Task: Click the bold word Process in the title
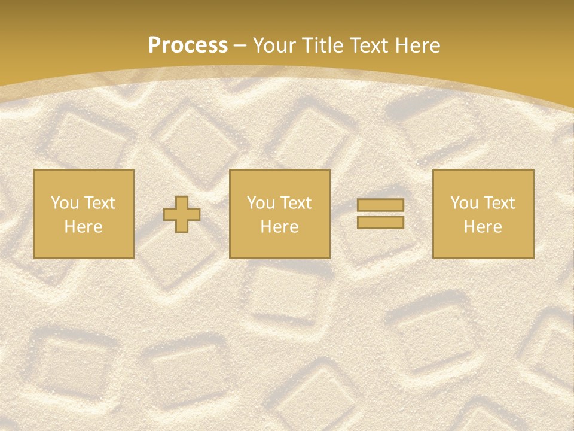(x=188, y=45)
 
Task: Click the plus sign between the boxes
(x=182, y=214)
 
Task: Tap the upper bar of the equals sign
(x=380, y=205)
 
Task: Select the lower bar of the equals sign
(x=380, y=222)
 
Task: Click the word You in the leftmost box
(x=65, y=203)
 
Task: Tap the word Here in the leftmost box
(x=84, y=227)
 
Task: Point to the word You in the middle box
(x=261, y=203)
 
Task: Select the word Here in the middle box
(x=280, y=227)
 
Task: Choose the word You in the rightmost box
(x=464, y=203)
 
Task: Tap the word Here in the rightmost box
(x=483, y=227)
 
